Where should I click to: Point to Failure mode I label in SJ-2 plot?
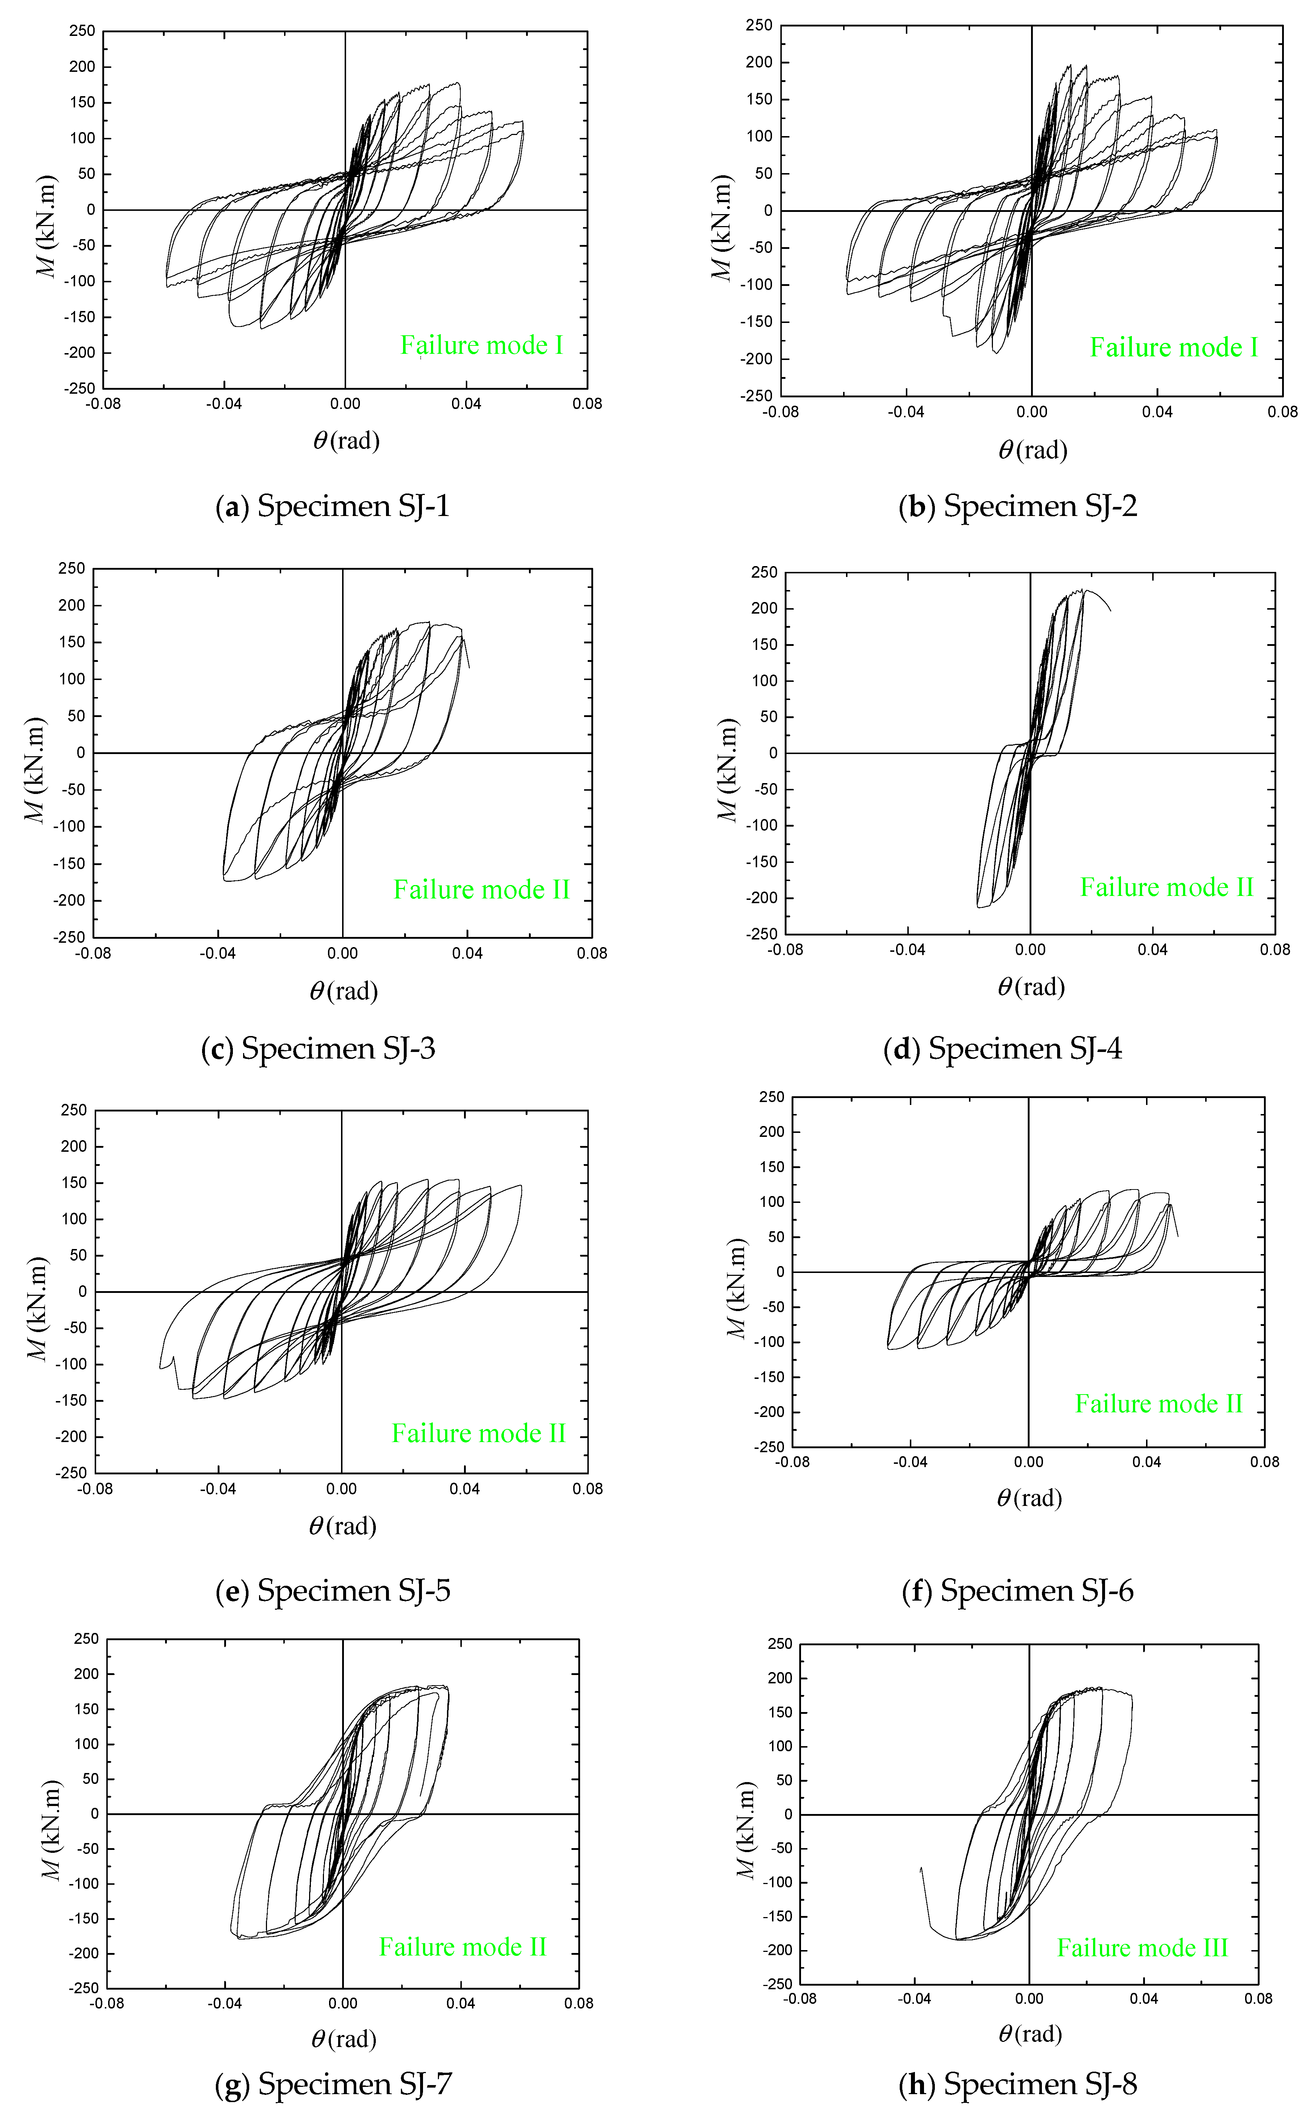point(1173,348)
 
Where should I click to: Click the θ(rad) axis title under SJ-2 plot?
point(1032,450)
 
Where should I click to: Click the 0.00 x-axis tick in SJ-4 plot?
point(1030,950)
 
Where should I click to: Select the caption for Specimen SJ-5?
point(333,1590)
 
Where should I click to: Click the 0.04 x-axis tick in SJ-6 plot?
point(1146,1462)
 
